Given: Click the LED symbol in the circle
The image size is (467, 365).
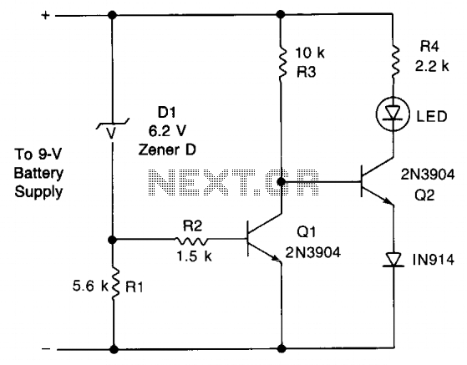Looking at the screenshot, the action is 393,114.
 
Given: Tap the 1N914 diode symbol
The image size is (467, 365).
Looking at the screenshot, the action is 393,259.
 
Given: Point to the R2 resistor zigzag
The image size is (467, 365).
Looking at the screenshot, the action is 191,241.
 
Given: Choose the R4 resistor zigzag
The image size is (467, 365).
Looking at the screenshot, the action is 395,61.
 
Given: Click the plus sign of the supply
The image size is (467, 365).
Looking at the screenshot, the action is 45,15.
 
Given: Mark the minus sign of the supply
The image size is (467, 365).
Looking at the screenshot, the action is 46,348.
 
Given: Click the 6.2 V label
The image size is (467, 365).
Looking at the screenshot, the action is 167,131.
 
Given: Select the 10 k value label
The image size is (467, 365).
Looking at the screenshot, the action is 310,53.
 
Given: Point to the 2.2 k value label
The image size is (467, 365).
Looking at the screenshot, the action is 432,66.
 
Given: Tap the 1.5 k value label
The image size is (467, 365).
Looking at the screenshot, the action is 194,256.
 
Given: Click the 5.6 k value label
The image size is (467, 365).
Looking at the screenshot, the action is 90,286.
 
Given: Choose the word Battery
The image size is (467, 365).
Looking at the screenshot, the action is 38,174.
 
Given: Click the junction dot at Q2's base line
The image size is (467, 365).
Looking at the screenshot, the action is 282,181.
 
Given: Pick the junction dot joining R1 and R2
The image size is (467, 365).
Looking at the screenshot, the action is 112,240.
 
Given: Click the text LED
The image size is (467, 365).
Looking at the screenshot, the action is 431,116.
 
